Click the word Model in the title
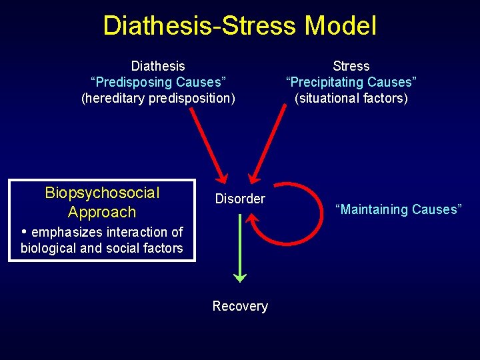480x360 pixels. pyautogui.click(x=341, y=26)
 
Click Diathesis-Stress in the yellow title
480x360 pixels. pyautogui.click(x=199, y=26)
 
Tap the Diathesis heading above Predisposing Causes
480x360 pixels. pyautogui.click(x=158, y=66)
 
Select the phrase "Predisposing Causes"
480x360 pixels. pyautogui.click(x=158, y=82)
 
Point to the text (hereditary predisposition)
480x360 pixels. pyautogui.click(x=158, y=99)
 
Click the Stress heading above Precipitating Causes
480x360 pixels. pyautogui.click(x=351, y=66)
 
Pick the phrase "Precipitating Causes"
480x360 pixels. pyautogui.click(x=351, y=82)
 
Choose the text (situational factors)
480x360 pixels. pyautogui.click(x=351, y=99)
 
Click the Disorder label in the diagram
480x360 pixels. pyautogui.click(x=240, y=199)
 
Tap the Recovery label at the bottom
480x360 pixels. pyautogui.click(x=240, y=306)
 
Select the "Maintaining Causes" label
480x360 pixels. pyautogui.click(x=399, y=209)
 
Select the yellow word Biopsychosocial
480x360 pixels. pyautogui.click(x=102, y=193)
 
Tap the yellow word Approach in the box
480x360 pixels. pyautogui.click(x=102, y=213)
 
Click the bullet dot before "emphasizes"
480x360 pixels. pyautogui.click(x=24, y=232)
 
